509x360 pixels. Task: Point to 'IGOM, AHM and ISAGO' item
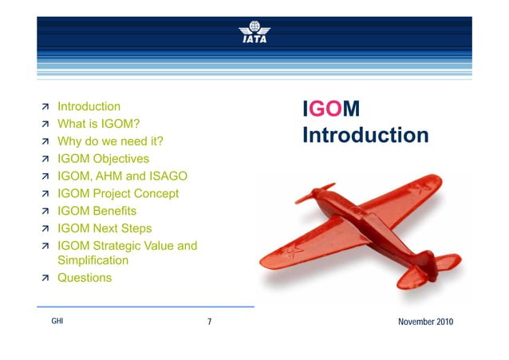[x=123, y=176]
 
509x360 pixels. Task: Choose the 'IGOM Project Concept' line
[x=118, y=194]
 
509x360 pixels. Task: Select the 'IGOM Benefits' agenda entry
[x=97, y=212]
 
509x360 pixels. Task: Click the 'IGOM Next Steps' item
[x=105, y=229]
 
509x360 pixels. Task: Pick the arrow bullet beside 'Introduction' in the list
[x=45, y=107]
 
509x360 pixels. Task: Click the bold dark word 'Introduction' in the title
[x=365, y=135]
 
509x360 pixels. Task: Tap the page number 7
[x=209, y=322]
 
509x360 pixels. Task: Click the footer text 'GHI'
[x=57, y=322]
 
